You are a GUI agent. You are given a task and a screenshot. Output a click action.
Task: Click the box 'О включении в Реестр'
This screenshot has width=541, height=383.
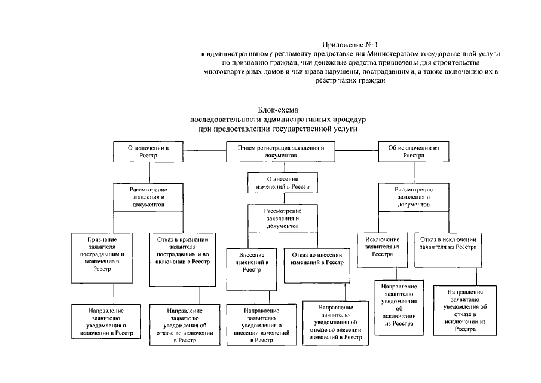(140, 151)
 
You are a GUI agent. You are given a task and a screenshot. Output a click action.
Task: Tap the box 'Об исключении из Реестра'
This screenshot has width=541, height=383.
(405, 151)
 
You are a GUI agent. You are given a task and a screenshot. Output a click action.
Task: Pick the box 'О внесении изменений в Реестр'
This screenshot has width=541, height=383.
(282, 183)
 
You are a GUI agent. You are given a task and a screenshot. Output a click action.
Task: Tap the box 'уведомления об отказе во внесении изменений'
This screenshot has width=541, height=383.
(335, 321)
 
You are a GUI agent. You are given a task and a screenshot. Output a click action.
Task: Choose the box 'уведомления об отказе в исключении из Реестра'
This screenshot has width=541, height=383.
(466, 311)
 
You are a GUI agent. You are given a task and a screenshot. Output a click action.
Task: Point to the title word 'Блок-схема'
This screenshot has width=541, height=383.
(277, 110)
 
